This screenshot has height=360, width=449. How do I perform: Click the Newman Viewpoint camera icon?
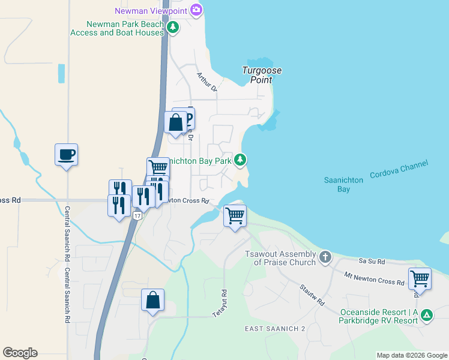pos(196,10)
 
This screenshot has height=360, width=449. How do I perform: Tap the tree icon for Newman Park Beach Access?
pos(173,27)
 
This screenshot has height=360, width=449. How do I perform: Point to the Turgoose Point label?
pos(262,74)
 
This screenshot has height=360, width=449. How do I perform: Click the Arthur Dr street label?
pos(206,82)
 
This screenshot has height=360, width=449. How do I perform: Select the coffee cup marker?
pos(66,155)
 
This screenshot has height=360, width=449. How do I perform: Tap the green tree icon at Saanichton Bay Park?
pos(240,160)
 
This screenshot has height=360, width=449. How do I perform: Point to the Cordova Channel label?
pos(399,169)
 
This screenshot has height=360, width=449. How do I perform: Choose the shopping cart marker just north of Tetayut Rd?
pos(235,215)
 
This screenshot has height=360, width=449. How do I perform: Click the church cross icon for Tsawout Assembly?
pos(325,257)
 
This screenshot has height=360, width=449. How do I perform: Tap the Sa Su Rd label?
pos(370,262)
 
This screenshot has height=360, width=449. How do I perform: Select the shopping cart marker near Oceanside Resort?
pos(420,279)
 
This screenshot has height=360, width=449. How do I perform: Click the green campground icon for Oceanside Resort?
pos(426,314)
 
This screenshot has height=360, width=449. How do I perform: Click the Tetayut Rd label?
pos(220,304)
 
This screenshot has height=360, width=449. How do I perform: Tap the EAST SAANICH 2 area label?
pos(276,329)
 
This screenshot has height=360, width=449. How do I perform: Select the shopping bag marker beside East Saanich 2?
pos(153,300)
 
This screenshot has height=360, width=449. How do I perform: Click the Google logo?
pos(20,353)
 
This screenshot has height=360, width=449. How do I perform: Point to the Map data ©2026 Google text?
pos(411,355)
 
